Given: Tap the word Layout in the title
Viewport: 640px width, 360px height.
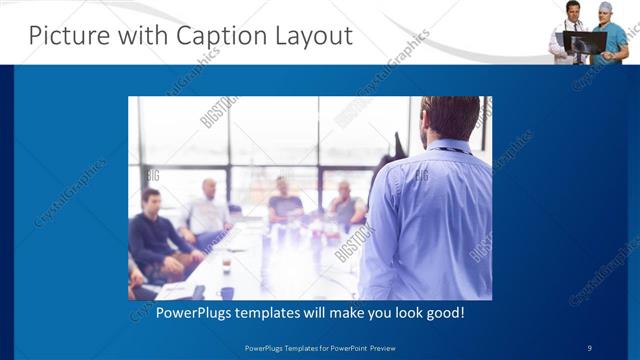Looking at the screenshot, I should pos(315,36).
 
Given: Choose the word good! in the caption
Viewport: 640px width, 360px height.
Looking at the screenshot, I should pos(443,313).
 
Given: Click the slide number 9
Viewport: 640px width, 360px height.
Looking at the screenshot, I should pos(590,347).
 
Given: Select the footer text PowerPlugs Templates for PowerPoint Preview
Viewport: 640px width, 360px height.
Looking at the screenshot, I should pos(320,347).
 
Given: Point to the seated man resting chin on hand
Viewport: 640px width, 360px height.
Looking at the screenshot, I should pos(345,205).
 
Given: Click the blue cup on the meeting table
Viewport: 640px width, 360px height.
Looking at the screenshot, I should pos(227,293).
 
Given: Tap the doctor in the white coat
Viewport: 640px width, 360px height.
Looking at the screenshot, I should pos(569,35).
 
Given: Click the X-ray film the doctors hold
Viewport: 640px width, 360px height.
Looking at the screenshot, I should pos(585,42).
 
